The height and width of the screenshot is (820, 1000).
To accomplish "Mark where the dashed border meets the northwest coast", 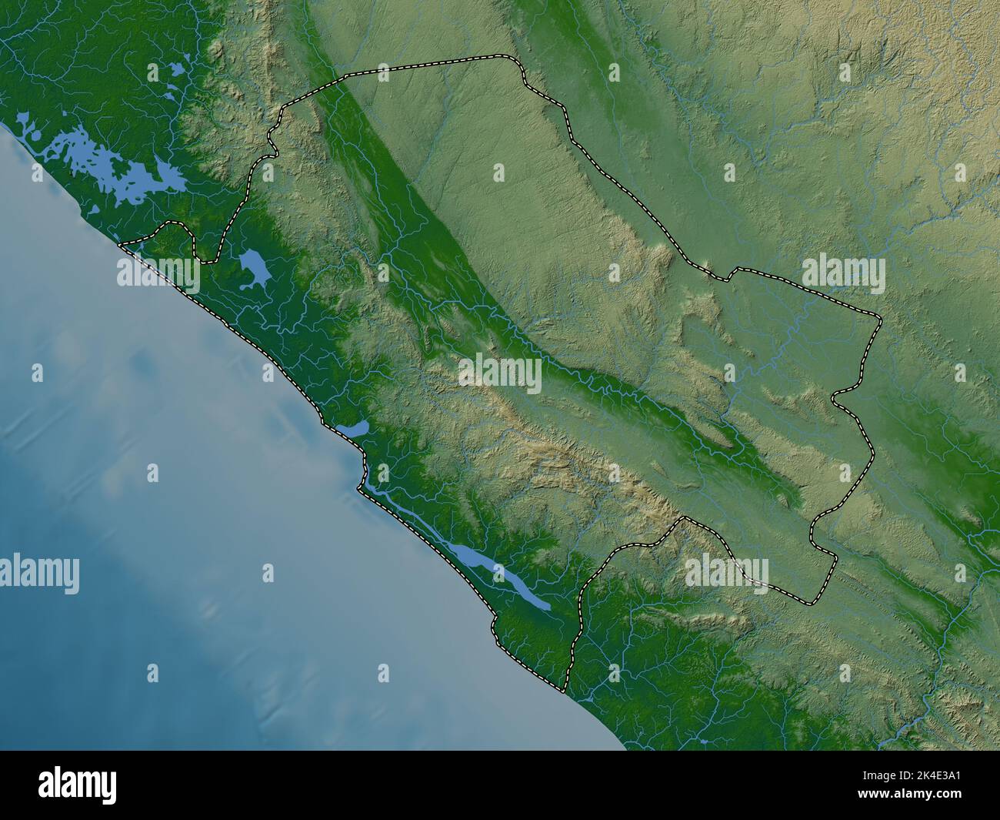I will (121, 245).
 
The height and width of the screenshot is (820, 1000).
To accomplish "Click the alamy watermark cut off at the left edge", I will (38, 574).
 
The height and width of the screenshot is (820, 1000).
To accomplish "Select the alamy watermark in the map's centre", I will (500, 373).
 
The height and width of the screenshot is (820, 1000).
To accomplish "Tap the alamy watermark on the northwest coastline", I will (158, 273).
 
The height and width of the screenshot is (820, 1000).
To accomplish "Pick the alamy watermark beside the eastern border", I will (843, 273).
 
